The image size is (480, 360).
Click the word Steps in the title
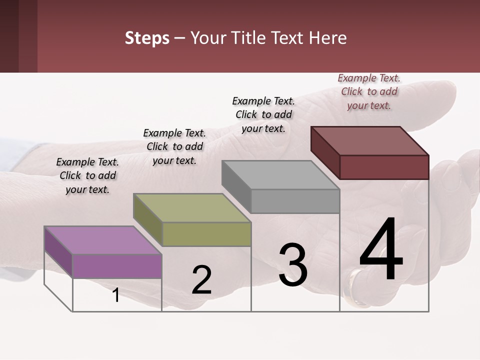coord(147,38)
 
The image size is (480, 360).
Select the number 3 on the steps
coord(292,264)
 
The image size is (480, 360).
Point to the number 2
coord(201,280)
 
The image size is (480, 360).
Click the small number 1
coord(115,295)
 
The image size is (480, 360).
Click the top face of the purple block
coord(102,240)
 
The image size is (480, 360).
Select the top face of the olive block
coord(192,207)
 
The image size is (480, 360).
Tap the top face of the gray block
coord(280,175)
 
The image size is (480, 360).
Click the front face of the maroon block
coord(384,167)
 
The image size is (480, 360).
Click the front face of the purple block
coord(117,266)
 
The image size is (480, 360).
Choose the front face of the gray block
coord(295,201)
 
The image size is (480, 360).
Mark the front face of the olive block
coord(206,234)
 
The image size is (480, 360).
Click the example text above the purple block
coord(88,175)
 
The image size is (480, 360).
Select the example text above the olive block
coord(174,146)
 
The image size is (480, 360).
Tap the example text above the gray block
coord(263,114)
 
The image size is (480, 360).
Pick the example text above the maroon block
coord(369,91)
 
